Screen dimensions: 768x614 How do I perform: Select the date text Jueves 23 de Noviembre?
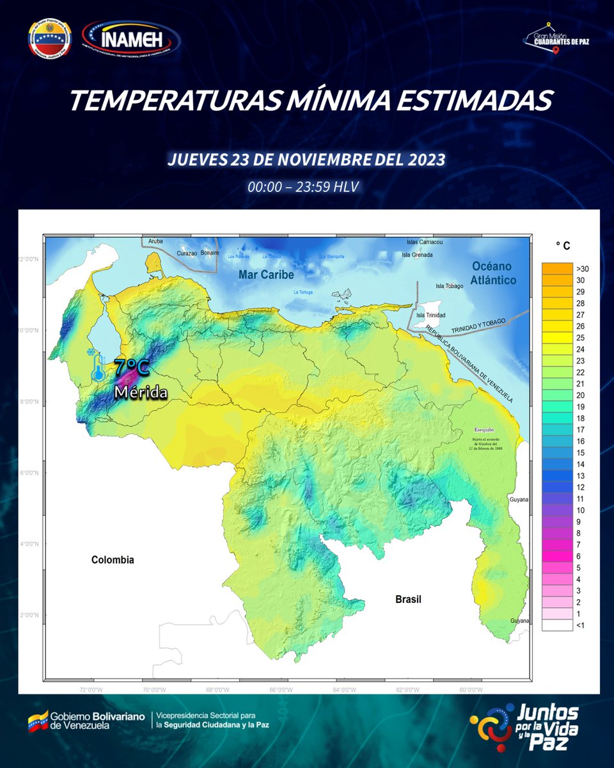[x=306, y=159]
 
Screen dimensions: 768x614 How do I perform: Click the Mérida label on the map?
[x=141, y=392]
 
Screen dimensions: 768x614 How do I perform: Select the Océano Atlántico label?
[x=493, y=273]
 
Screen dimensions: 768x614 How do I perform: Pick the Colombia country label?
[x=113, y=560]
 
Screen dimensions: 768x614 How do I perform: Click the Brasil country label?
[x=408, y=600]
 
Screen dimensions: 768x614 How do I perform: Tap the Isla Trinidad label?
[x=429, y=315]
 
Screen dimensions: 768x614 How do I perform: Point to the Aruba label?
[x=155, y=241]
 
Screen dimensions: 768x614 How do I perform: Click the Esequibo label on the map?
[x=485, y=429]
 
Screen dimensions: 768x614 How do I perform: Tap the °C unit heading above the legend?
[x=563, y=246]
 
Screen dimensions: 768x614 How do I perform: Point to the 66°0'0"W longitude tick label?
[x=281, y=690]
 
